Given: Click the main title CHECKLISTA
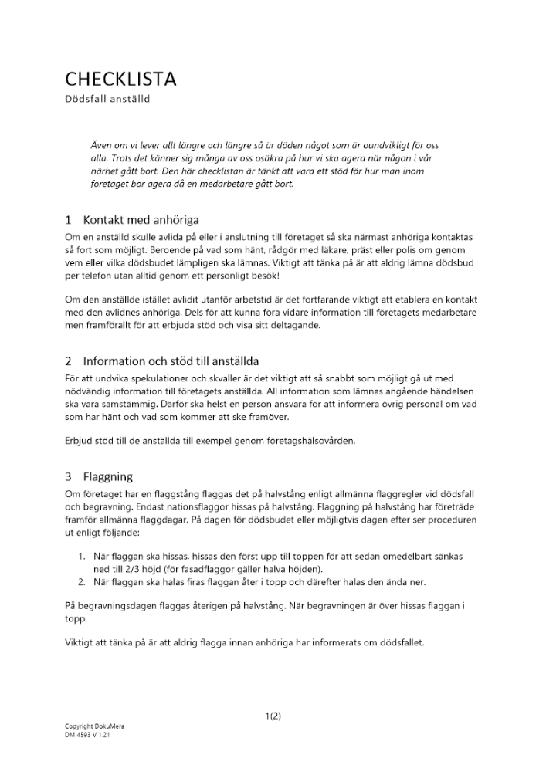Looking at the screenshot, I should (120, 79).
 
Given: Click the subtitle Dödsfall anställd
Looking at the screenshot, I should (107, 99).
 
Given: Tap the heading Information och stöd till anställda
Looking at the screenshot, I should (171, 361).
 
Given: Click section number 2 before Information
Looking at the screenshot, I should (69, 361).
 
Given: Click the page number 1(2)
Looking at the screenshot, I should (273, 716).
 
